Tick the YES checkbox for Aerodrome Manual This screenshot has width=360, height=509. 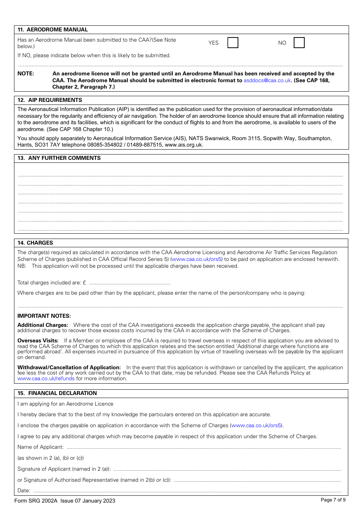coord(233,43)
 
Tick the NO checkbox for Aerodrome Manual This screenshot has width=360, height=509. coord(299,43)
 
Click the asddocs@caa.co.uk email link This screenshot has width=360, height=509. coord(267,80)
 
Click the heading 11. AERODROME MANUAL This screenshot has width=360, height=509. coord(53,30)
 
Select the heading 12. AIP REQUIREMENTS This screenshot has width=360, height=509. coord(50,100)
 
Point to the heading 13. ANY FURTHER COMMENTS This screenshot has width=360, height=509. coord(59,158)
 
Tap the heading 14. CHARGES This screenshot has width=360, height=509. coord(35,243)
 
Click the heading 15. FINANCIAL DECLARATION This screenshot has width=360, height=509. coord(57,393)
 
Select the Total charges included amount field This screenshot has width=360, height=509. coord(130,283)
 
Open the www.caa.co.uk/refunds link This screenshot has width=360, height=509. coord(46,378)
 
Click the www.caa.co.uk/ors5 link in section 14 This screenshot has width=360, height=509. coord(197,259)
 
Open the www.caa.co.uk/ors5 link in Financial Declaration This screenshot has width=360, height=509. coord(257,425)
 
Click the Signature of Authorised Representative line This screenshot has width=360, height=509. coord(257,480)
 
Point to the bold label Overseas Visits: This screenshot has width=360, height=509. coord(38,340)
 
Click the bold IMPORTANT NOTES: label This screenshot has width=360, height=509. coord(44,316)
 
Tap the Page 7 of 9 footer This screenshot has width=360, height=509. coord(333,500)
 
